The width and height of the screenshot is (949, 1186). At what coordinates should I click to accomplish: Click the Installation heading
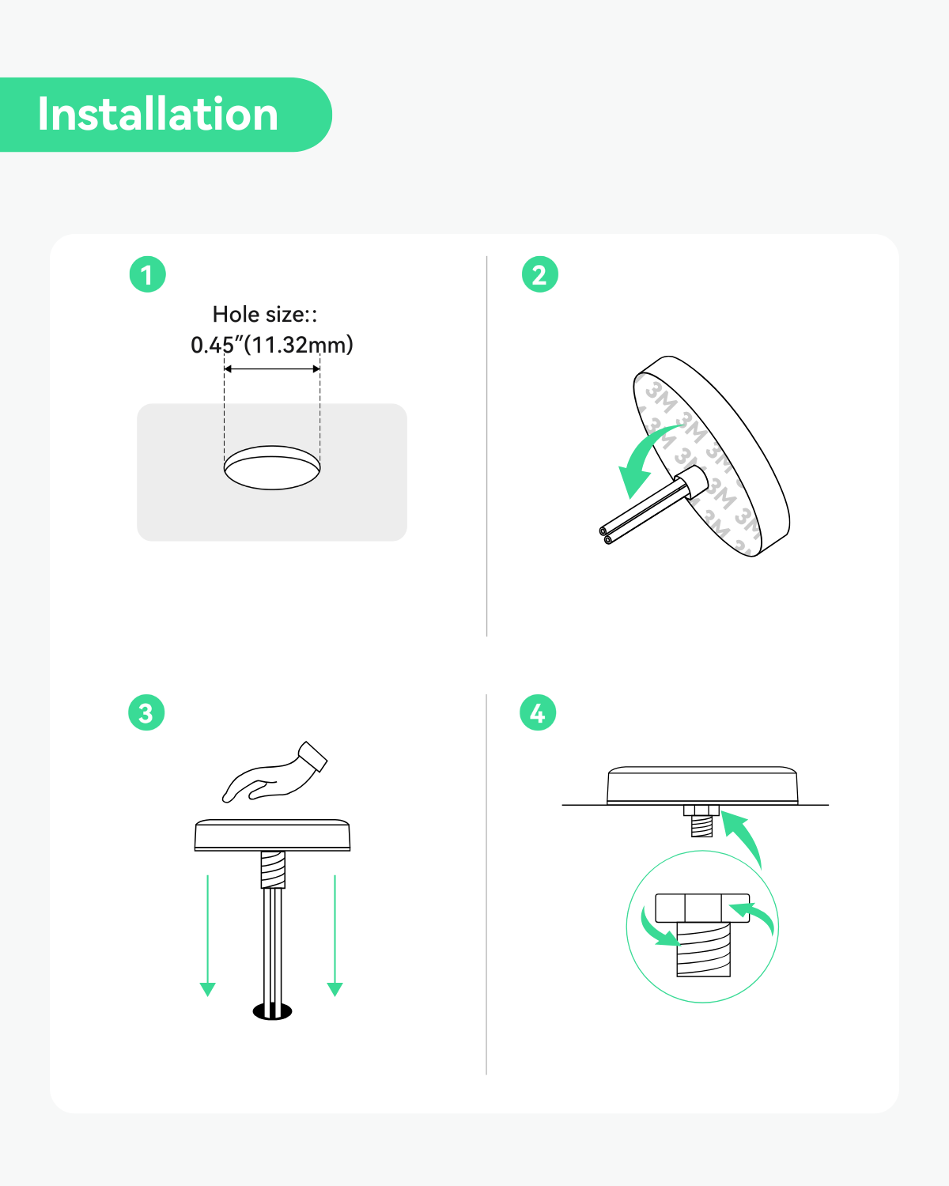click(x=157, y=114)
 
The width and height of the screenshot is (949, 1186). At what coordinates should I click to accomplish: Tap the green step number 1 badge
click(x=147, y=274)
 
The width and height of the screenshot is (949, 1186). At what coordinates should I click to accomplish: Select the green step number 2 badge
click(x=540, y=274)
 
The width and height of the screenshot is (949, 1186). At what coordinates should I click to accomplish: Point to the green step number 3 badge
click(x=146, y=712)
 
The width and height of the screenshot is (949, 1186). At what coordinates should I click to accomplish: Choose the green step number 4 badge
click(x=538, y=712)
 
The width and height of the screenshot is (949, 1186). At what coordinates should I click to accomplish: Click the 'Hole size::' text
click(x=265, y=314)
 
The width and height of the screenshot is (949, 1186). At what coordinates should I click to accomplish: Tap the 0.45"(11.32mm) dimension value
click(x=272, y=345)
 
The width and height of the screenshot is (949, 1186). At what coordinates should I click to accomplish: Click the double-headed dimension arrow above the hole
click(x=272, y=368)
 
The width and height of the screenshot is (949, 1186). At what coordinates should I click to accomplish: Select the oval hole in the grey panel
click(x=272, y=468)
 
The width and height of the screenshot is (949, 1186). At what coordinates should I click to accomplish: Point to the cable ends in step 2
click(x=607, y=535)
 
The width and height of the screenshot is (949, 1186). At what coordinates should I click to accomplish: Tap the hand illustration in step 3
click(x=274, y=772)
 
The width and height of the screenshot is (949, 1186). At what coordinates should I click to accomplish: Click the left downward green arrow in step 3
click(x=207, y=936)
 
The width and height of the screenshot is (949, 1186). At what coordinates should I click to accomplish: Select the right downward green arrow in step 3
click(x=335, y=936)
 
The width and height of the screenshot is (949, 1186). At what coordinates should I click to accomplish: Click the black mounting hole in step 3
click(x=272, y=1011)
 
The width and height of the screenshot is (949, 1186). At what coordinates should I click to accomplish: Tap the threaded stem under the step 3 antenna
click(x=272, y=870)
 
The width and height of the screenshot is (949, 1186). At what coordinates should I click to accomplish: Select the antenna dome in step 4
click(x=702, y=785)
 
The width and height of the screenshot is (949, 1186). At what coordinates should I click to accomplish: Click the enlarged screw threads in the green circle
click(x=704, y=950)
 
